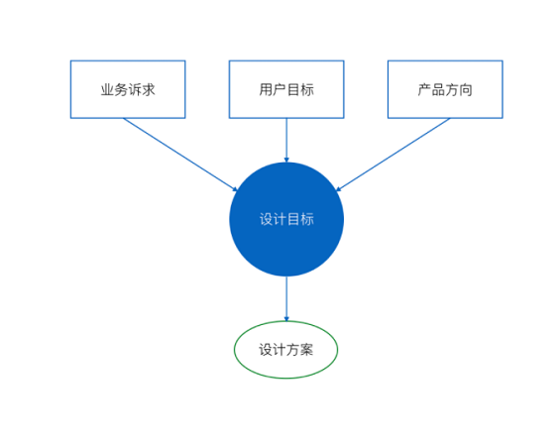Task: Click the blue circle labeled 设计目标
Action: (286, 219)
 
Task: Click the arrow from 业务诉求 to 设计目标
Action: (180, 155)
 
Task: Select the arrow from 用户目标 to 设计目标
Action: (286, 141)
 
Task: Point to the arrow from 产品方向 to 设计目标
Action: (392, 155)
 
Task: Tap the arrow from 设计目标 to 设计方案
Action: (286, 298)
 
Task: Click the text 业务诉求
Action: (128, 89)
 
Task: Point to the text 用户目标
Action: (286, 89)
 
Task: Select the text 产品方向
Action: (445, 89)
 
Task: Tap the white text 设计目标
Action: (286, 219)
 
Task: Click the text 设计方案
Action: (286, 350)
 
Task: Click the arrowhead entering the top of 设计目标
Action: (286, 160)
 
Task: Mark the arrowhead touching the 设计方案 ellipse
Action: (286, 319)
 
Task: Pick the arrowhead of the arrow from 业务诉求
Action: (235, 189)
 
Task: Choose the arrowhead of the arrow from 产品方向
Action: (338, 189)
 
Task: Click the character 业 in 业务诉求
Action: (107, 89)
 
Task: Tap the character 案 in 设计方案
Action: (307, 350)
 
